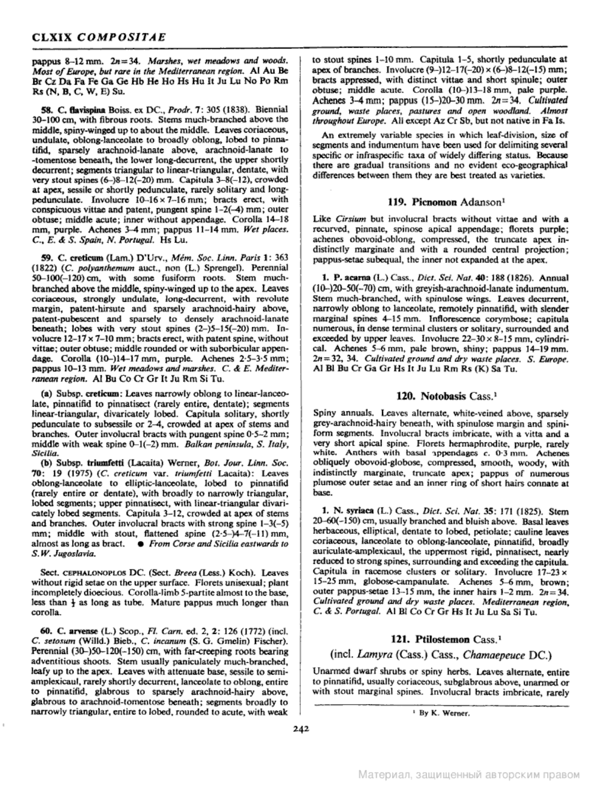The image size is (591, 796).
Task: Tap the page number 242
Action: point(300,728)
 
